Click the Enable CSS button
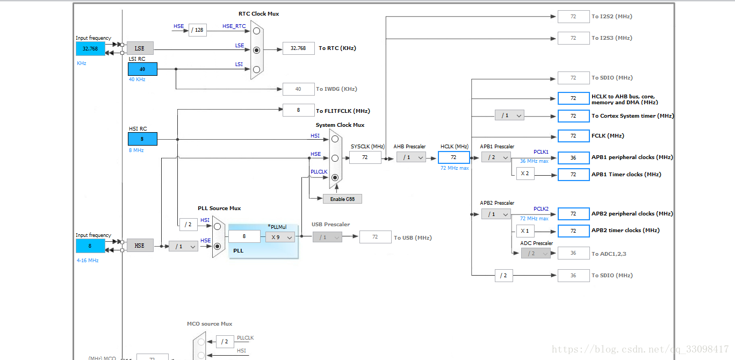[342, 199]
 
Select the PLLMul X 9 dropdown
[280, 237]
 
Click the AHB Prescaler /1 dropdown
[411, 157]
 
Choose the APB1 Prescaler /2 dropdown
[495, 157]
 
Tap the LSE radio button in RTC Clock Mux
[256, 50]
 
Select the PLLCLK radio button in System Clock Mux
[335, 177]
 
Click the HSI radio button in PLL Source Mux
[217, 226]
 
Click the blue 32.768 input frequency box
[90, 48]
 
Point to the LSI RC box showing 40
[142, 69]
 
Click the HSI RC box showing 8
[142, 139]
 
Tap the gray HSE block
[140, 246]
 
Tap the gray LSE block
[140, 48]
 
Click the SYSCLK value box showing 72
[365, 157]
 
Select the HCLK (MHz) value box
[453, 157]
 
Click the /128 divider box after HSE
[198, 30]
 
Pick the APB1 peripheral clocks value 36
[573, 157]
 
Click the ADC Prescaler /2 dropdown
[535, 253]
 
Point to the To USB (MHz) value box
[375, 237]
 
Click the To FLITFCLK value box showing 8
[298, 110]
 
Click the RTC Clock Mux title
[258, 14]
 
